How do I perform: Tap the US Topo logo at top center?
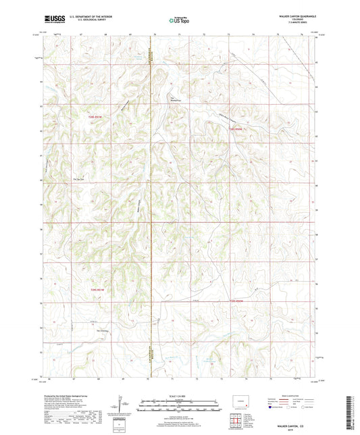pyautogui.click(x=177, y=20)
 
